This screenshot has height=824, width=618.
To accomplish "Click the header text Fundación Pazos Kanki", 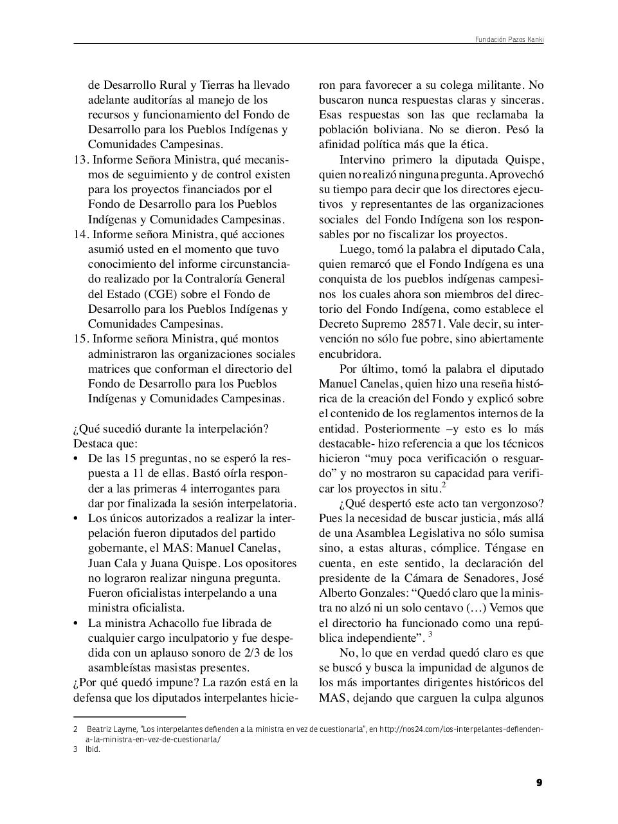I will click(509, 40).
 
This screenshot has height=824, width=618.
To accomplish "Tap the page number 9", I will click(539, 783).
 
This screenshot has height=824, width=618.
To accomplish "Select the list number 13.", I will click(80, 160).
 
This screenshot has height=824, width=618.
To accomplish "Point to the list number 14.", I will click(80, 234).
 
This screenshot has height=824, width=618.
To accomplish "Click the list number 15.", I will click(80, 339).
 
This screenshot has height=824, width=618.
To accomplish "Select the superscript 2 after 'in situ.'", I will click(444, 485).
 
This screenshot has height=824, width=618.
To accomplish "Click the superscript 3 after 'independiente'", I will click(430, 634).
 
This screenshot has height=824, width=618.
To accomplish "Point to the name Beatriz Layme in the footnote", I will click(111, 729).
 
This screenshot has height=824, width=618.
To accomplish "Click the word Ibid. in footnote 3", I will click(93, 749).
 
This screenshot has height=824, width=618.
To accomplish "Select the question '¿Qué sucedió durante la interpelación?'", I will click(171, 429).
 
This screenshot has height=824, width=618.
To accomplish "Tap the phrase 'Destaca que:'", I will click(105, 444).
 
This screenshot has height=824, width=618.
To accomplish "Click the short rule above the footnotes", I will click(129, 716).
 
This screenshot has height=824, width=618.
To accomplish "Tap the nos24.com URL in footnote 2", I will click(461, 729).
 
